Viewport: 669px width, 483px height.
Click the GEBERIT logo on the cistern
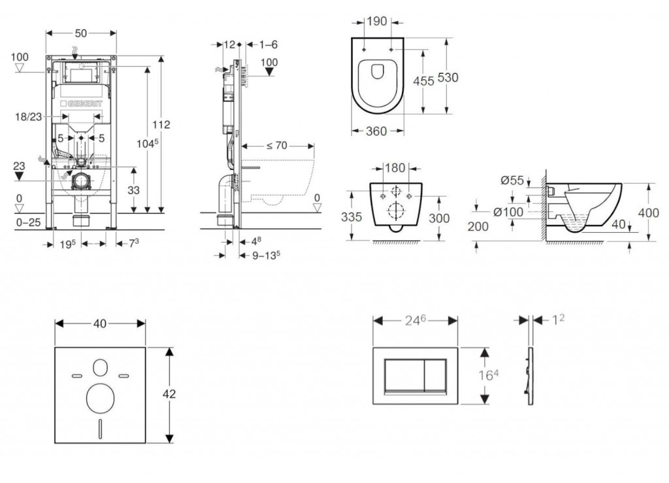[x=81, y=103]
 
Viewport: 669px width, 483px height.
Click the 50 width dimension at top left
[x=80, y=33]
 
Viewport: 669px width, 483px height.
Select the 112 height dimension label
[x=161, y=125]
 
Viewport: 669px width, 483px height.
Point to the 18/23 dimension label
[x=29, y=116]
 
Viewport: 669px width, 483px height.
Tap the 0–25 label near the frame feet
[x=28, y=222]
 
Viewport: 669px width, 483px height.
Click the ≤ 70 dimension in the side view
[x=277, y=146]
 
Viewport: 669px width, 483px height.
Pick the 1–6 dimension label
[x=268, y=44]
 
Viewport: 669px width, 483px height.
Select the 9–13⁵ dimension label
[x=266, y=255]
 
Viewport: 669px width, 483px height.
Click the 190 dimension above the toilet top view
[x=377, y=22]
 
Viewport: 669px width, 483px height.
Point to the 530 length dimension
[x=448, y=78]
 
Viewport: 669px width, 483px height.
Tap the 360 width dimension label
[x=376, y=131]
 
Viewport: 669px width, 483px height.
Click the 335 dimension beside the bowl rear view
[x=351, y=217]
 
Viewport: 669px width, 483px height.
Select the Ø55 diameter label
[x=512, y=180]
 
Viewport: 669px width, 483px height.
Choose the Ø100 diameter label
[x=508, y=212]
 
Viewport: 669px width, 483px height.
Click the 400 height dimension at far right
[x=649, y=212]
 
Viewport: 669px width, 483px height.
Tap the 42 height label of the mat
[x=169, y=394]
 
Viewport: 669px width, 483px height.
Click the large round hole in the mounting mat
[x=100, y=399]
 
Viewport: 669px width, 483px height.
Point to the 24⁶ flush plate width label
[x=415, y=320]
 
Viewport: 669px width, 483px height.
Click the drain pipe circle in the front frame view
[x=80, y=181]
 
